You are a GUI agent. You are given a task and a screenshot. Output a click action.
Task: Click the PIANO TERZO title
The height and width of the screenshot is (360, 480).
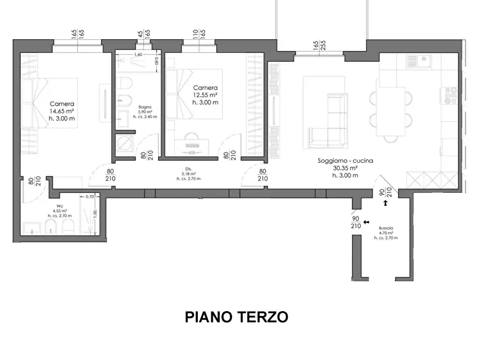coord(237,317)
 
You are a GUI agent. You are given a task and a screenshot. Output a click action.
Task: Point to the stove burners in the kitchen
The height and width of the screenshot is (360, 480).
coord(449,96)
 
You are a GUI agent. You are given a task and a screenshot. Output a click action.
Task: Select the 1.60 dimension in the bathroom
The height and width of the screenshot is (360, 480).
coord(137,55)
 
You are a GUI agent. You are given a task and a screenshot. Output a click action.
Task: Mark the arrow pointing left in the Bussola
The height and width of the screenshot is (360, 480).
coord(367,222)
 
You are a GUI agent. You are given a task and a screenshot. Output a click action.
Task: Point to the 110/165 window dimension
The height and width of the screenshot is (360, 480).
coord(199,35)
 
